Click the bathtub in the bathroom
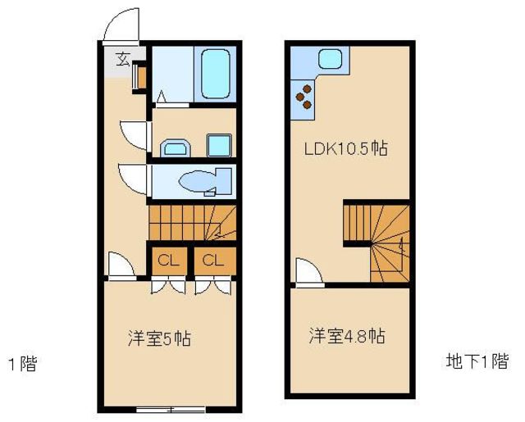point(215,74)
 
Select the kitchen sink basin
point(330,59)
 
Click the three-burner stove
point(304,97)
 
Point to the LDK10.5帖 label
point(346,148)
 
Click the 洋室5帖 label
point(159,338)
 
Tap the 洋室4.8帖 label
point(346,336)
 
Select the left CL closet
point(169,261)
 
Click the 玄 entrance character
point(123,59)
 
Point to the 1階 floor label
point(23,364)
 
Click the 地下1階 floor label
point(477,361)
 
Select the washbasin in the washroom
point(176,147)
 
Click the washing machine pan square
point(219,145)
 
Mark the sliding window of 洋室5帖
point(171,409)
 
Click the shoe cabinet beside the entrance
point(142,77)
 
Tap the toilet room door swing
point(133,179)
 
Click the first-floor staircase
point(192,223)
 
